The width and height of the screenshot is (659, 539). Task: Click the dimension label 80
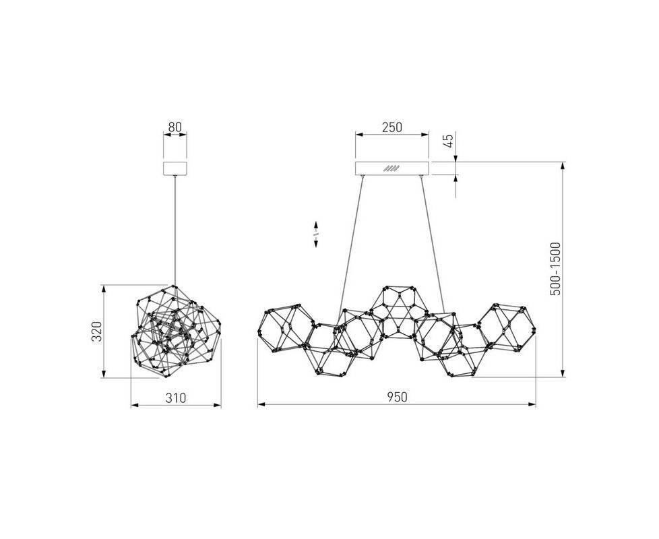click(x=175, y=126)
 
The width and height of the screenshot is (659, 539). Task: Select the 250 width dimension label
click(x=391, y=127)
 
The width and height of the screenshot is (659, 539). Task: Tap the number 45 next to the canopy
click(x=449, y=141)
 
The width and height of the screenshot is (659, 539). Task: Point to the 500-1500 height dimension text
click(x=555, y=269)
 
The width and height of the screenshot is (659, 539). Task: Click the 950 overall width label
click(x=397, y=397)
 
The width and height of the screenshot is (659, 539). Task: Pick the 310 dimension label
click(x=176, y=398)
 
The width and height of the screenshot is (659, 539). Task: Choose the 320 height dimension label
click(x=96, y=332)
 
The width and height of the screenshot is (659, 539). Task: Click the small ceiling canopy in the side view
click(x=175, y=168)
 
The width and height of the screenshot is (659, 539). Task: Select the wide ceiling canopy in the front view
click(x=391, y=168)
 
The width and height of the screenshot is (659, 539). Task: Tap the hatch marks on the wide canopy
click(x=391, y=168)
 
